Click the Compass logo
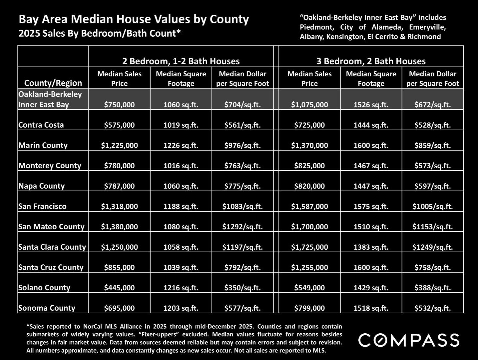tap(409, 340)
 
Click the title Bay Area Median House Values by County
tap(134, 19)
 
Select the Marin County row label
tap(43, 145)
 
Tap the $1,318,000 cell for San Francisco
tap(119, 206)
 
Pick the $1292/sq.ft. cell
tap(242, 227)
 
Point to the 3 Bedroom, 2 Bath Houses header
tap(371, 61)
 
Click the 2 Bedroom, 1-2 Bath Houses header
tap(181, 61)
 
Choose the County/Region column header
tap(53, 83)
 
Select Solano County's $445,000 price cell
tap(119, 288)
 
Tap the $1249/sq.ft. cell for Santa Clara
tap(432, 247)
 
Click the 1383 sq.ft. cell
tap(371, 247)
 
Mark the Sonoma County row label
tap(47, 308)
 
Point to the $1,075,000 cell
tap(309, 105)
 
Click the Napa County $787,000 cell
tap(119, 186)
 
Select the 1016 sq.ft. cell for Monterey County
tap(181, 166)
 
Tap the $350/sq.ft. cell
tap(242, 288)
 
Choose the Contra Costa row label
tap(41, 125)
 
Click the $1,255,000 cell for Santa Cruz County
tap(309, 267)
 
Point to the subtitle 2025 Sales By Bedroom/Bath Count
tap(100, 33)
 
